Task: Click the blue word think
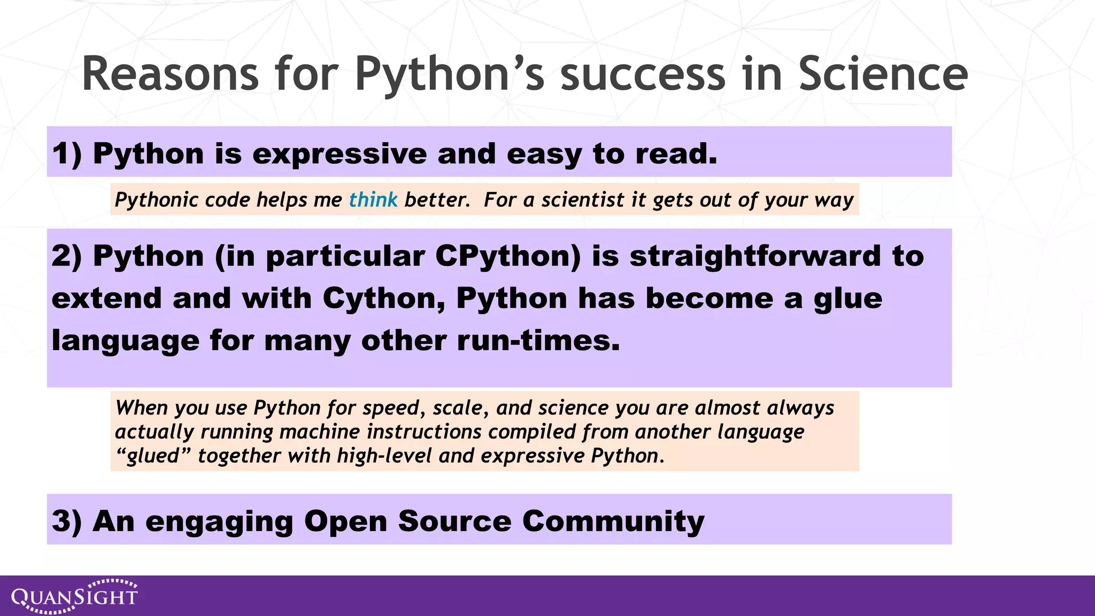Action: point(373,200)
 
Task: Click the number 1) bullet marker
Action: point(67,154)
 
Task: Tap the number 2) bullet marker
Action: point(67,256)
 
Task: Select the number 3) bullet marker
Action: point(67,521)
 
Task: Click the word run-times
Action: point(538,341)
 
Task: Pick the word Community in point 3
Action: point(613,521)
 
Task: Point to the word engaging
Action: point(219,521)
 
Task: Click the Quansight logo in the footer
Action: point(75,596)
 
